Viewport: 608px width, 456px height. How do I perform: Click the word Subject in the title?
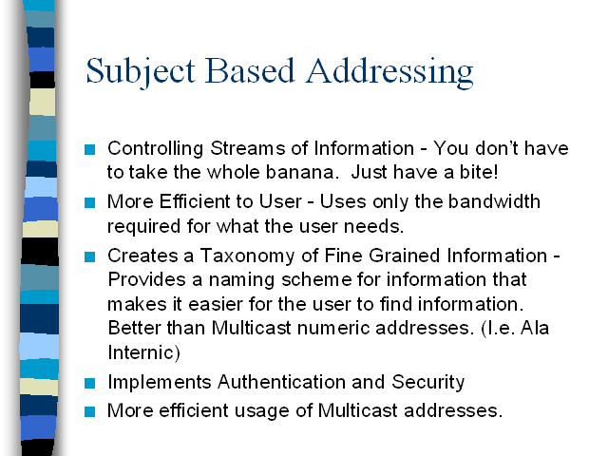coord(141,72)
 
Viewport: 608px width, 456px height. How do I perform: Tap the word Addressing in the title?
coord(389,72)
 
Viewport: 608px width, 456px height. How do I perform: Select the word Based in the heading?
coord(250,71)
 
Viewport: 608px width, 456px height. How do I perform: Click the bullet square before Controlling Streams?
coord(89,149)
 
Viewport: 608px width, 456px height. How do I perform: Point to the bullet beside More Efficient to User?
coord(89,202)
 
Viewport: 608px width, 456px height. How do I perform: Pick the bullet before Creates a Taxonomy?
coord(89,256)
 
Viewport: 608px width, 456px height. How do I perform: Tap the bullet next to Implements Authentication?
coord(89,383)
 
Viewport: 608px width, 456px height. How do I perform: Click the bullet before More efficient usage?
coord(89,411)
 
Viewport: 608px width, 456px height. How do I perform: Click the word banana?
coord(300,172)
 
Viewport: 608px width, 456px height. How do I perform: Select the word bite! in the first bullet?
coord(479,172)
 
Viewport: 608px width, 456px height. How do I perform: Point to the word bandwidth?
coord(494,201)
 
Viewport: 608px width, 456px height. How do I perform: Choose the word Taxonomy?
coord(247,256)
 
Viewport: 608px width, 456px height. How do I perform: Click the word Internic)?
coord(143,352)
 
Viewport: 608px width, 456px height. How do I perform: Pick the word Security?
coord(428,382)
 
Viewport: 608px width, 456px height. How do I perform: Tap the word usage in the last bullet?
coord(262,411)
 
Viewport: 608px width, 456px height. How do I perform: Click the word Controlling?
coord(156,149)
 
